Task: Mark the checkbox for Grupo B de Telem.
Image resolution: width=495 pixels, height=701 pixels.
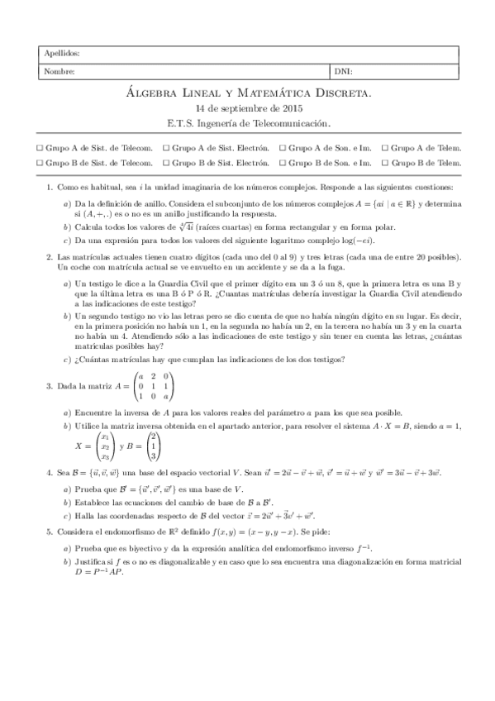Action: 383,163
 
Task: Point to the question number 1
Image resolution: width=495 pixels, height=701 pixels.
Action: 50,188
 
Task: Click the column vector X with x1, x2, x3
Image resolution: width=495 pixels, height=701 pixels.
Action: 103,446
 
